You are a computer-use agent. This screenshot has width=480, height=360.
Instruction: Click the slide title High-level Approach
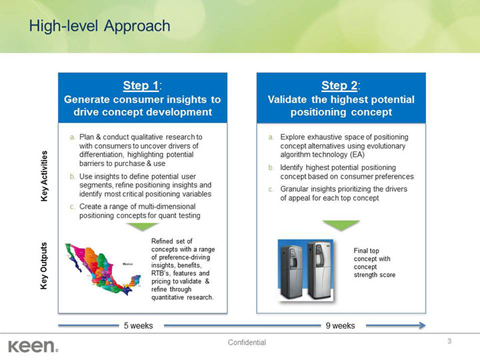pos(99,26)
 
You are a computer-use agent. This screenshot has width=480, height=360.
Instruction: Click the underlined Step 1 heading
pos(142,85)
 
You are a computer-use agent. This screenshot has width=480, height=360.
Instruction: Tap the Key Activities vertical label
pos(45,178)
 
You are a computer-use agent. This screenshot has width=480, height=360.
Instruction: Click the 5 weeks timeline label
pos(139,326)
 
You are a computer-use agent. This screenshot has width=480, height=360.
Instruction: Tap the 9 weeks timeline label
pos(340,326)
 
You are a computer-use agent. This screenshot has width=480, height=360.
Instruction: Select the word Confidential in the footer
pos(247,343)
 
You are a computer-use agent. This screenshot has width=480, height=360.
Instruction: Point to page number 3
pos(449,341)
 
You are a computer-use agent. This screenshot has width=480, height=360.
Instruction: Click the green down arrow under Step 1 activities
pos(142,227)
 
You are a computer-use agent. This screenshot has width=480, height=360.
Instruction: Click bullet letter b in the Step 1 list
pos(72,176)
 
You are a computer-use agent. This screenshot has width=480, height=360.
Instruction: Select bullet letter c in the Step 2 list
pos(271,189)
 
